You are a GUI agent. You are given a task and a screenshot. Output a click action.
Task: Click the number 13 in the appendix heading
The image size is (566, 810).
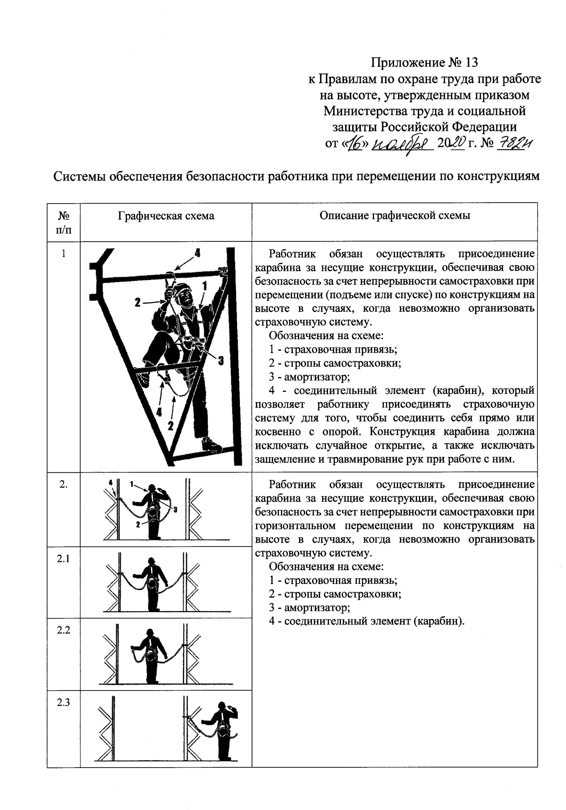pos(471,63)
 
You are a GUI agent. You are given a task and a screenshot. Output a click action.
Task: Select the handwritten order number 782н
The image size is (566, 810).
pos(514,143)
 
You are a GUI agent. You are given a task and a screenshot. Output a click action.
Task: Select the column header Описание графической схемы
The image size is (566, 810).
pos(395,216)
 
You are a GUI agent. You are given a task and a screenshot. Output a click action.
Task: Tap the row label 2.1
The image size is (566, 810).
pos(63,559)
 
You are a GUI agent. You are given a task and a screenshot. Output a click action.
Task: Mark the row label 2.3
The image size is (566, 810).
pos(63,702)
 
